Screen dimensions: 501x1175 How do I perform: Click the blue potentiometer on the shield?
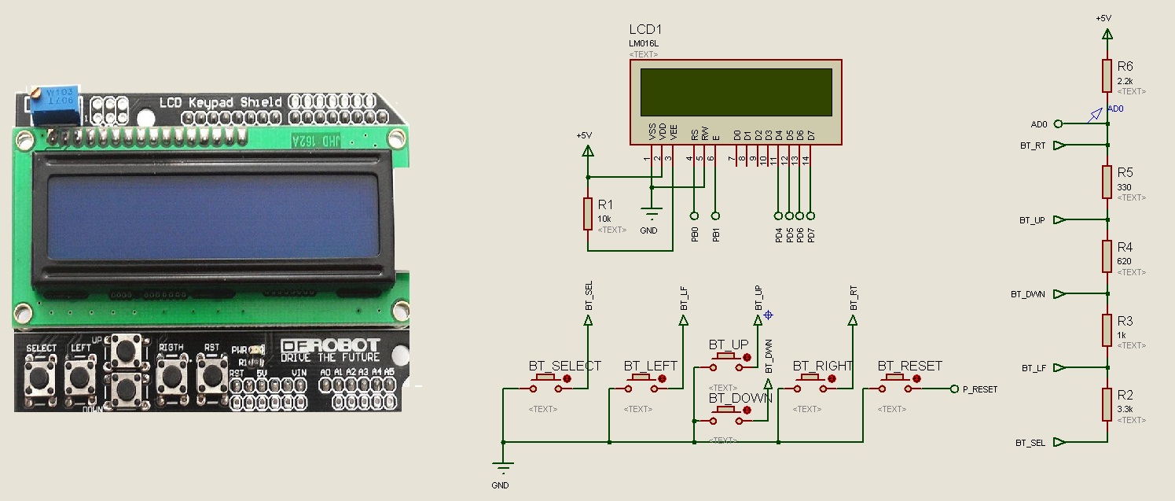click(56, 104)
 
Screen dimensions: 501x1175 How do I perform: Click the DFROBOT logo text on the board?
click(330, 345)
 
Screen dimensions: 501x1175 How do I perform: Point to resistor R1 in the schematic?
click(587, 213)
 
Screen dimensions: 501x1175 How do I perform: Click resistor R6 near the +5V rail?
click(1107, 76)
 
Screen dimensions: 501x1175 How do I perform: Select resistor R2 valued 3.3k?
click(1107, 403)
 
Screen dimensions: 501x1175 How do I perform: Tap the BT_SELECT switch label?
click(564, 366)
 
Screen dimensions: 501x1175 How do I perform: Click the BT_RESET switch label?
click(909, 366)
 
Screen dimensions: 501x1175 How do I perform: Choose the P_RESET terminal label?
click(979, 389)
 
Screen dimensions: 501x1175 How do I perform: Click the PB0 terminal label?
click(695, 234)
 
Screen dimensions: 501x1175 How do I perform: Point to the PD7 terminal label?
click(811, 234)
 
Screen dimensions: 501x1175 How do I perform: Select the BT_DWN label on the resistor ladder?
click(1027, 294)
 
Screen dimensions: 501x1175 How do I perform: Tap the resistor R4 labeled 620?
click(1107, 256)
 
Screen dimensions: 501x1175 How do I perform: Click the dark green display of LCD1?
click(736, 91)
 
